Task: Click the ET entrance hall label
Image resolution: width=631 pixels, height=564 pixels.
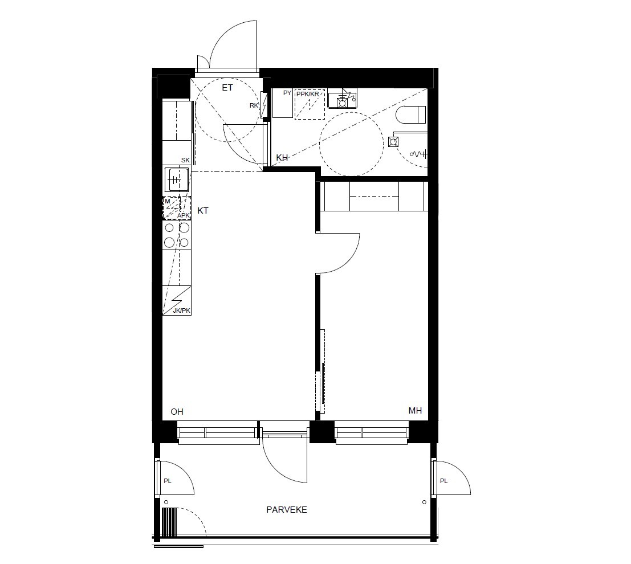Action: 227,88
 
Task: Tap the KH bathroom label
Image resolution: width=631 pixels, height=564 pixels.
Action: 282,158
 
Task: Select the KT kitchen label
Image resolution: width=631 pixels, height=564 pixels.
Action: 203,211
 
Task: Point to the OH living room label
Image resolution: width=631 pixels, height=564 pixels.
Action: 177,411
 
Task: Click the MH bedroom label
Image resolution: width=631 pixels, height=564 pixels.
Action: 415,411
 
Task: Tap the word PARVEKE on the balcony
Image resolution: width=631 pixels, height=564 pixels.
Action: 287,510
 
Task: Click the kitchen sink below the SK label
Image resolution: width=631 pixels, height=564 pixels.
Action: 176,181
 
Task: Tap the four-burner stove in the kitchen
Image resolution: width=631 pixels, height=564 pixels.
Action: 177,235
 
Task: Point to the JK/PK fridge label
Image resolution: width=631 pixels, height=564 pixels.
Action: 181,310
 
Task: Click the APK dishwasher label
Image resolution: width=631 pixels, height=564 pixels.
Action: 183,215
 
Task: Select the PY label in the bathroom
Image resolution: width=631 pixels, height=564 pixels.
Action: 287,93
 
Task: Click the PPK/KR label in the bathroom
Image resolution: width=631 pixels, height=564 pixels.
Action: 307,93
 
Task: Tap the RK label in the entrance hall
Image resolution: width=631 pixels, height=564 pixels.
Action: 254,105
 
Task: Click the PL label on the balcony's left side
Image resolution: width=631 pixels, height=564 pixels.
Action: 168,481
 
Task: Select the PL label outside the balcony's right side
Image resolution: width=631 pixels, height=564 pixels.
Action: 444,481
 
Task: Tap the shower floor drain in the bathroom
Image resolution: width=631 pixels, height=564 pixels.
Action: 393,142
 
